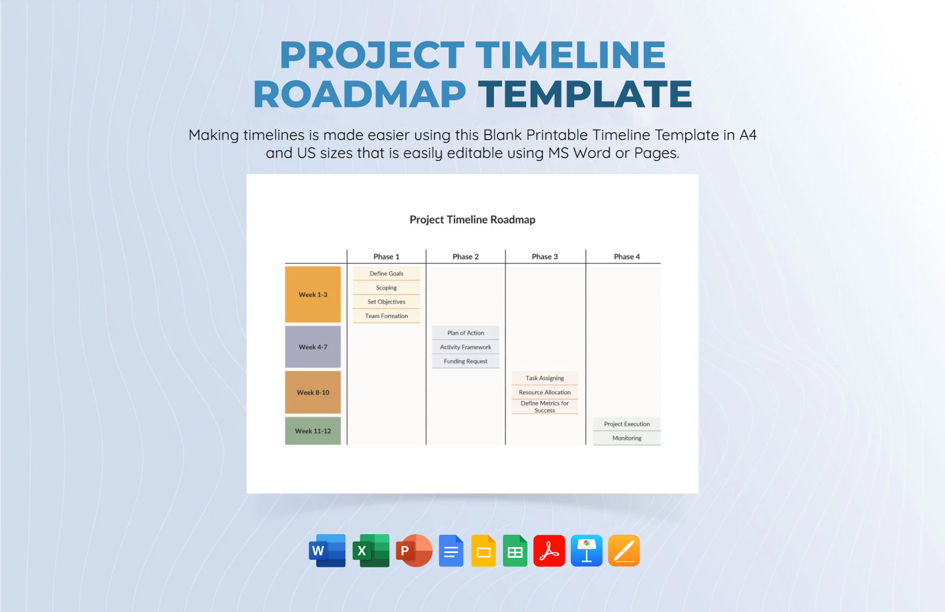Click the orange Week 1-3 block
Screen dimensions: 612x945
(x=312, y=294)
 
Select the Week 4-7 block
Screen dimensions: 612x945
(x=312, y=347)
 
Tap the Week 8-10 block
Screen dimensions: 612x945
(x=312, y=392)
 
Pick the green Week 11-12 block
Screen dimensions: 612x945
(x=312, y=431)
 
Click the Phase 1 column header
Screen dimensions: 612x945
(x=386, y=257)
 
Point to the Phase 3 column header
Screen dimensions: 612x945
(x=544, y=257)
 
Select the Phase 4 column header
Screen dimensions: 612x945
(x=627, y=257)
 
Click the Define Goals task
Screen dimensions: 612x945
(x=386, y=274)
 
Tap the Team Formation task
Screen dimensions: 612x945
(x=386, y=316)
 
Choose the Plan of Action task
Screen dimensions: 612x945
(x=466, y=333)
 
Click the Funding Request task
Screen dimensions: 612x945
(x=466, y=361)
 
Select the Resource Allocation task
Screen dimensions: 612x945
(x=544, y=392)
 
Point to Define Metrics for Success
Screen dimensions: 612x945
(x=544, y=407)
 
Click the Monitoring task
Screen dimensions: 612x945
(x=627, y=438)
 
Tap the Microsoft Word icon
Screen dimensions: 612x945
(x=327, y=551)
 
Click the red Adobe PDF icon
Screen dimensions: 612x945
(x=549, y=551)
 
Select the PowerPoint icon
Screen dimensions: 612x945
(x=413, y=551)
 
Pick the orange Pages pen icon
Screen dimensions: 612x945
(x=623, y=551)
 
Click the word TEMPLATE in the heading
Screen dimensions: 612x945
(x=585, y=94)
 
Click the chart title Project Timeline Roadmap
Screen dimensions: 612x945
(x=472, y=220)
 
